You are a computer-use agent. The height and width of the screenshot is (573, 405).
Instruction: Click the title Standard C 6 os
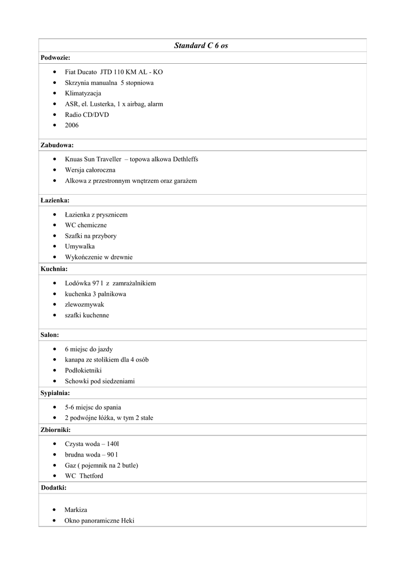(x=201, y=45)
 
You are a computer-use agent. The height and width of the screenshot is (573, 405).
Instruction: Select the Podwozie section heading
(x=55, y=58)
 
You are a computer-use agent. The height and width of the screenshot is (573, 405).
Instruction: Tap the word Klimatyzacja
(x=83, y=93)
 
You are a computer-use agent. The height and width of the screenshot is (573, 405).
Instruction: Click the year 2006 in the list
(x=72, y=125)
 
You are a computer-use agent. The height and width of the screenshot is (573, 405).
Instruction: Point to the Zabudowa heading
(x=57, y=145)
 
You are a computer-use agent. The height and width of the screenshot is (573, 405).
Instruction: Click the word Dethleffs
(x=182, y=159)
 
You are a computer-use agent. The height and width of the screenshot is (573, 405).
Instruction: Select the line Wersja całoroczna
(x=90, y=170)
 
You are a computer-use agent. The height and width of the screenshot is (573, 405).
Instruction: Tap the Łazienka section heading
(x=55, y=200)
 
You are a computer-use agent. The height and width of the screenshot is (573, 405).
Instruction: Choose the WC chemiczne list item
(x=86, y=226)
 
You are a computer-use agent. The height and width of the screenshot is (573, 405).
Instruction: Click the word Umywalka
(x=79, y=247)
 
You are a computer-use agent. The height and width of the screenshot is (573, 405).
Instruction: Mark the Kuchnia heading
(x=54, y=269)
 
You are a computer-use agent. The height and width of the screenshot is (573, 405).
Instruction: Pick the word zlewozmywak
(x=84, y=305)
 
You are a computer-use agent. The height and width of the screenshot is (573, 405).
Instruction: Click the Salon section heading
(x=50, y=335)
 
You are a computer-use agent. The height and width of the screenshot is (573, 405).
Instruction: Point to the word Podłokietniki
(x=83, y=370)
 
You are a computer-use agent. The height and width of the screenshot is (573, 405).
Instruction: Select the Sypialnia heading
(x=55, y=393)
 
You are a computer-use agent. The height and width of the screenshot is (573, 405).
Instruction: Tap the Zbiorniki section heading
(x=55, y=430)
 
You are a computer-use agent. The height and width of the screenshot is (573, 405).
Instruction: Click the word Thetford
(x=91, y=476)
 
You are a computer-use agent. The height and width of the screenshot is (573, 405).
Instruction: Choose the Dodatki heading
(x=53, y=488)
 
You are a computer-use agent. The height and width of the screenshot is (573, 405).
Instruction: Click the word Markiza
(x=76, y=510)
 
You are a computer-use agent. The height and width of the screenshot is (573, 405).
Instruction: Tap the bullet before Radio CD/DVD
(x=53, y=115)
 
